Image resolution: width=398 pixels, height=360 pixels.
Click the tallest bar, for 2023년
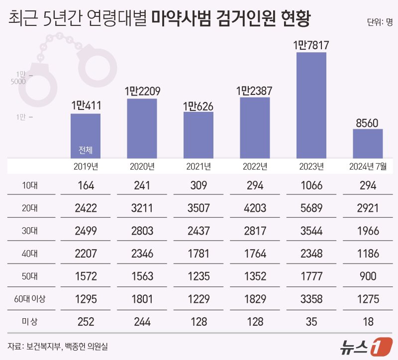click(311, 105)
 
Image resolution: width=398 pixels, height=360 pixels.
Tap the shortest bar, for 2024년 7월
click(368, 144)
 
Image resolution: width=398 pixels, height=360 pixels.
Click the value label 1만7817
click(311, 45)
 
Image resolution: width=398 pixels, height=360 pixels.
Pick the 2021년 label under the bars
click(199, 166)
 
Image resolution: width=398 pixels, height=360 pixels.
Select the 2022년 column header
click(255, 166)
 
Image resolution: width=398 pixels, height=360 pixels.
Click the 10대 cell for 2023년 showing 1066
click(311, 186)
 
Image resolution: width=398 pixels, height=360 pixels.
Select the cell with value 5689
click(311, 209)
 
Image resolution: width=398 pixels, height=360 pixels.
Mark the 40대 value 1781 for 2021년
click(199, 254)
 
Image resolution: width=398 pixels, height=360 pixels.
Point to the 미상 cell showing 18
click(368, 322)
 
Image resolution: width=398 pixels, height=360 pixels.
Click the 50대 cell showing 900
click(368, 276)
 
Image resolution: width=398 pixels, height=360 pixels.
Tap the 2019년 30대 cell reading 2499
click(86, 231)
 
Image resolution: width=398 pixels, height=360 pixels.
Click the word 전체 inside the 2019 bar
click(86, 150)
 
